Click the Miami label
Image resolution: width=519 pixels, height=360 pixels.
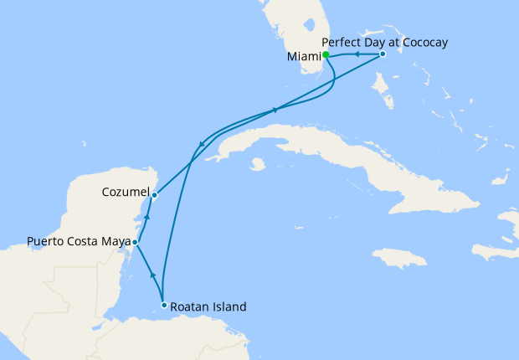pos(304,57)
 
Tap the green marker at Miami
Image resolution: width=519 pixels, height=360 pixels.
pos(326,55)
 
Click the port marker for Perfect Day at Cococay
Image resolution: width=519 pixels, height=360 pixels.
pos(382,54)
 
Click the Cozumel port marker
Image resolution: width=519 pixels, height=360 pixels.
pos(154,195)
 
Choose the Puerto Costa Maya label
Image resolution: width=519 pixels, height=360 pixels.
pos(79,242)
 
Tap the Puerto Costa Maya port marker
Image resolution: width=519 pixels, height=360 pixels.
pos(135,242)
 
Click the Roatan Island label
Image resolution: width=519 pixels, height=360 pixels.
pos(208,307)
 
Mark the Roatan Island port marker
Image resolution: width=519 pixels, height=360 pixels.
pos(164,306)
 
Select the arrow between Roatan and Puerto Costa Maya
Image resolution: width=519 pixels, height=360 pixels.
pos(152,275)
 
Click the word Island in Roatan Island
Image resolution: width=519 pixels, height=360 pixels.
pos(229,307)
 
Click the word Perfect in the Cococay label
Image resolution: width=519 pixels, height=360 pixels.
pos(340,40)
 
